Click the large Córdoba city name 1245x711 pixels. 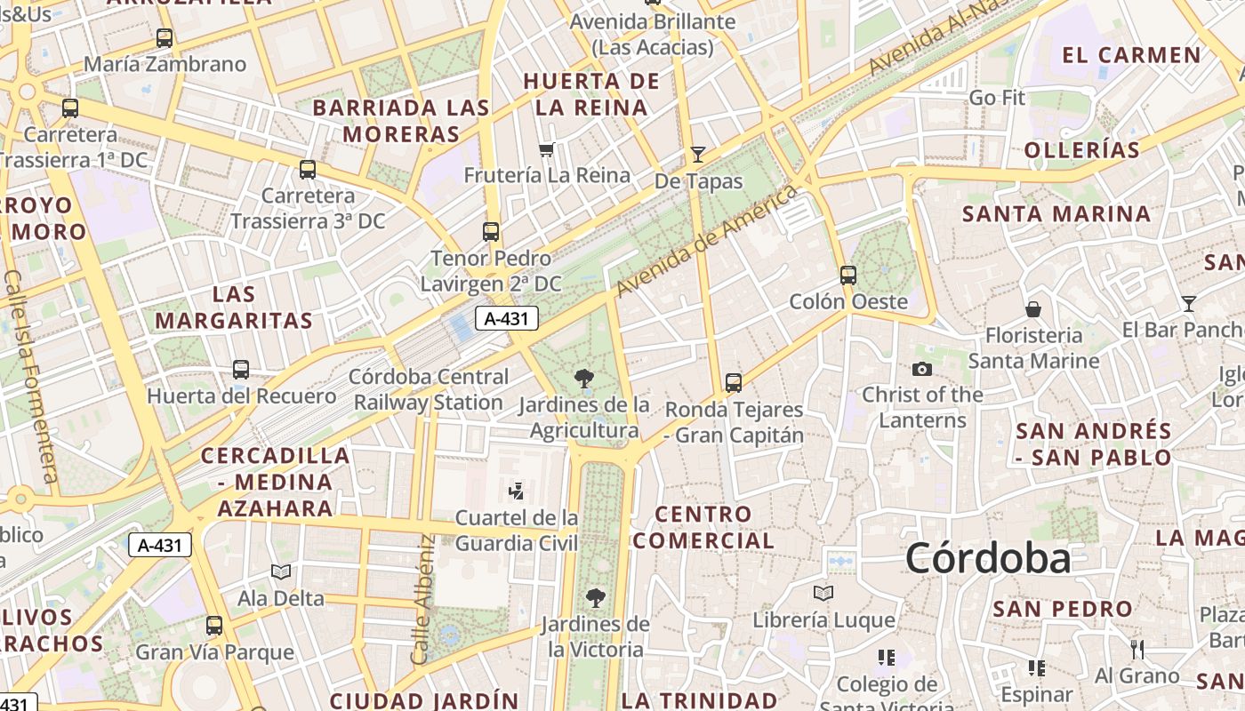click(988, 559)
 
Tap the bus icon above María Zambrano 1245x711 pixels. click(164, 38)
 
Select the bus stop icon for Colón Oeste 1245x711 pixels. click(848, 276)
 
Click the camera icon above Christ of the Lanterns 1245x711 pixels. click(922, 369)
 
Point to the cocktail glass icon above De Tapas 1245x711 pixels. click(698, 155)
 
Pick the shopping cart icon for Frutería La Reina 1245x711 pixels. click(547, 149)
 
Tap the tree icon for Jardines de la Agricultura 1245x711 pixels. click(584, 379)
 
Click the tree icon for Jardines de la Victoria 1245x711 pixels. click(595, 598)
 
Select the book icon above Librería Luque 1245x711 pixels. click(823, 593)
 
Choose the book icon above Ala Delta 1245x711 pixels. click(281, 571)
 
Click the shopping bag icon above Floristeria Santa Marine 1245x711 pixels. click(1033, 309)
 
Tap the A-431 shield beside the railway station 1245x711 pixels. click(507, 319)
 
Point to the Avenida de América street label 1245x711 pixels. click(704, 242)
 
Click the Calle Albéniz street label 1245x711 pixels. click(422, 599)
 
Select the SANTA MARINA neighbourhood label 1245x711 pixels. click(1056, 214)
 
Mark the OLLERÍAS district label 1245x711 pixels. click(1081, 150)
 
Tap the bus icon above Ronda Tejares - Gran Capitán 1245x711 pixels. click(734, 383)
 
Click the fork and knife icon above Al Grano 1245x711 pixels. click(1137, 650)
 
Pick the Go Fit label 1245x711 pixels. click(997, 98)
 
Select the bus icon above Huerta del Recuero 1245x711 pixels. click(241, 370)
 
